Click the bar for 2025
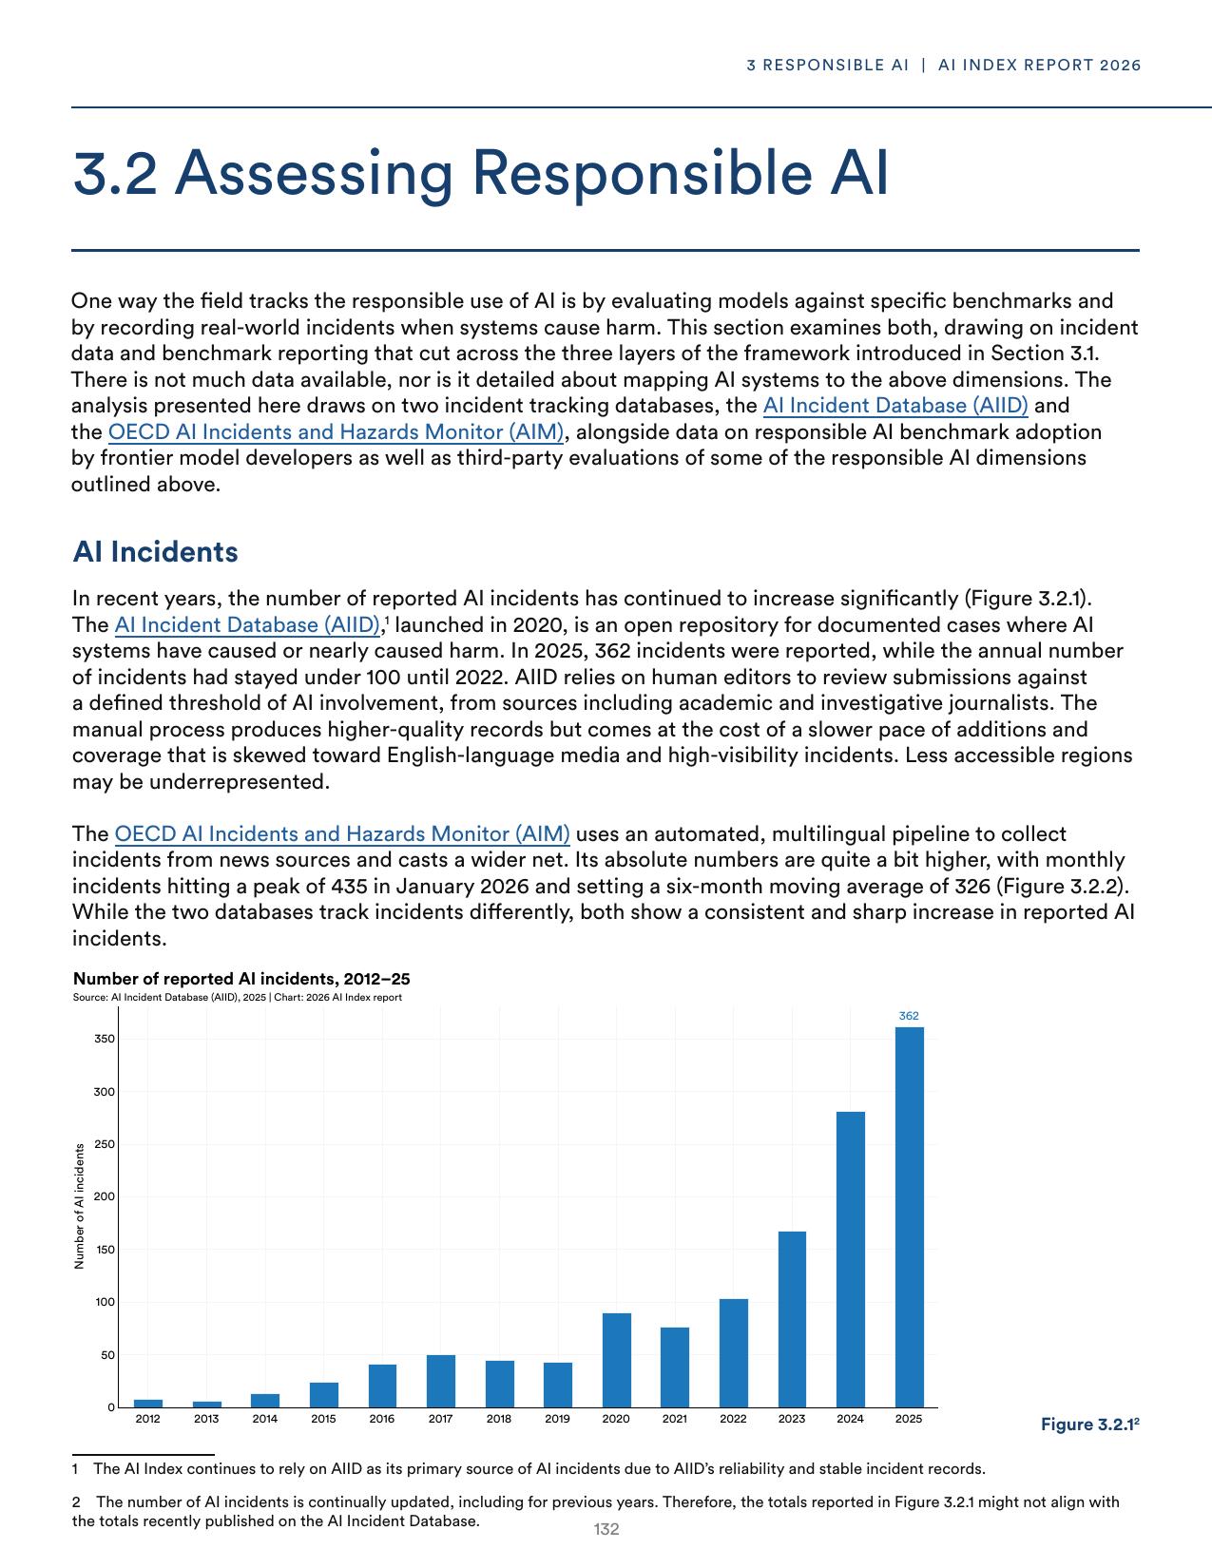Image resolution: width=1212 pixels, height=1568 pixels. point(909,1216)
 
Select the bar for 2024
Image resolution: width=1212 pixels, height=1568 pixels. point(850,1259)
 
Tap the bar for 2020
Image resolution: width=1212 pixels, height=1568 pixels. point(616,1360)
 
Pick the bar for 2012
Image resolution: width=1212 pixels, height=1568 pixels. point(147,1403)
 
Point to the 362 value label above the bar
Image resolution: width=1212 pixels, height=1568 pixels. point(909,1016)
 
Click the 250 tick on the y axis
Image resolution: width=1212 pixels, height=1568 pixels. point(104,1144)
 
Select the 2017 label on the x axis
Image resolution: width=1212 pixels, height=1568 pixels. point(440,1419)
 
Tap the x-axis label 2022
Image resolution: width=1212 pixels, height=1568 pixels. point(733,1419)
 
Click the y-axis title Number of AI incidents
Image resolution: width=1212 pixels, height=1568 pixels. point(80,1205)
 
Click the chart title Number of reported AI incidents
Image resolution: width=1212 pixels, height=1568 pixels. point(241,979)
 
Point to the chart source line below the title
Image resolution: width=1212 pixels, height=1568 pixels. point(237,997)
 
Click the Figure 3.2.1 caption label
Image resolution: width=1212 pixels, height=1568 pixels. point(1089,1425)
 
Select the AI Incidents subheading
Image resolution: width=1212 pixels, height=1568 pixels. point(155,552)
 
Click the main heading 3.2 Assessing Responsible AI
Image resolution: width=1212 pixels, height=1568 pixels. point(480,173)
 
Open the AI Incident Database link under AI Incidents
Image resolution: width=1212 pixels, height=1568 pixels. point(247,625)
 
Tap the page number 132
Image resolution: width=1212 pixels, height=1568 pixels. point(606,1529)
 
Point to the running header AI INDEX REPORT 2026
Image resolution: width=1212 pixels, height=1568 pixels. point(1039,66)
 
